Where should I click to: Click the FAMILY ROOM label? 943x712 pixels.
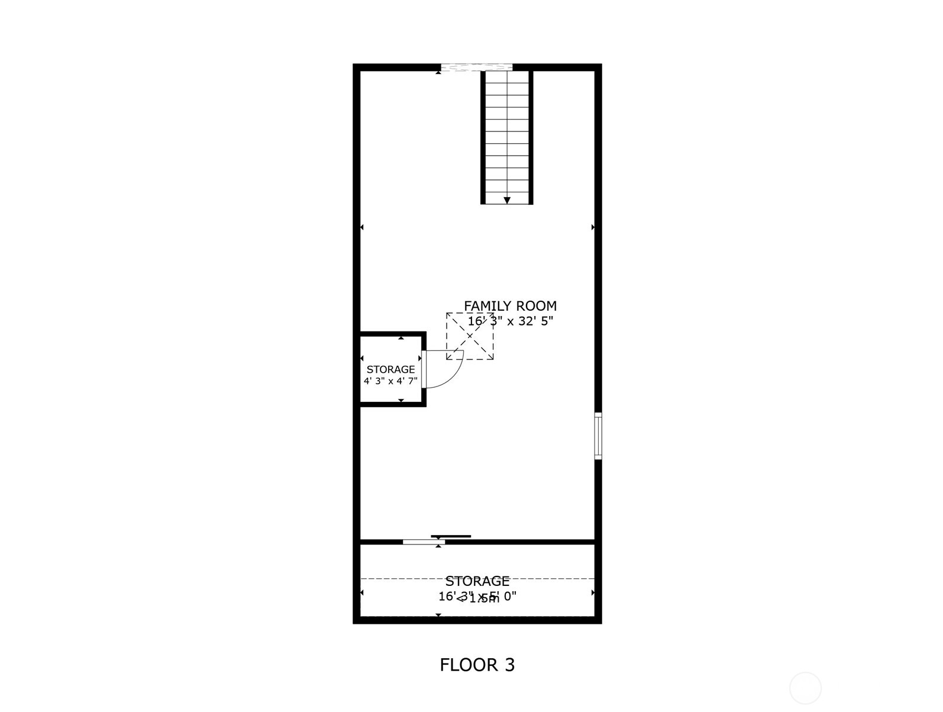(510, 306)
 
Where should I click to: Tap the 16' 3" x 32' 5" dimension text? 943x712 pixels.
(510, 321)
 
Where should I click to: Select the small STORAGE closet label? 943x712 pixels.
(390, 369)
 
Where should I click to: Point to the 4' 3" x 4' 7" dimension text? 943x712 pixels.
(390, 381)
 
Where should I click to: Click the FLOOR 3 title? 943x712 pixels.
(477, 665)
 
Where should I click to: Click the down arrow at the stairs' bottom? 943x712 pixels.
(507, 201)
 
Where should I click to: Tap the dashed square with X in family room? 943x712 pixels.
(470, 336)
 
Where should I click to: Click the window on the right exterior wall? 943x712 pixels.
(598, 436)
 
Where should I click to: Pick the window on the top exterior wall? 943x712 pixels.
(477, 67)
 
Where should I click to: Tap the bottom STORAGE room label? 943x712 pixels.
(477, 581)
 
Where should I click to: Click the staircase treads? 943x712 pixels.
(507, 136)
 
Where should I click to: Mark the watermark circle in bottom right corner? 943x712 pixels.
(805, 688)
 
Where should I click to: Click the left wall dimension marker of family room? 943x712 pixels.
(361, 227)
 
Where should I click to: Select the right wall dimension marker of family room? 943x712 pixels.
(593, 227)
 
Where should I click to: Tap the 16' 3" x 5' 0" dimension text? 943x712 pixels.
(477, 597)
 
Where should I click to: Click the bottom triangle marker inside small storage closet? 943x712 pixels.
(401, 401)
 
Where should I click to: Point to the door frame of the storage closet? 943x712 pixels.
(424, 369)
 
